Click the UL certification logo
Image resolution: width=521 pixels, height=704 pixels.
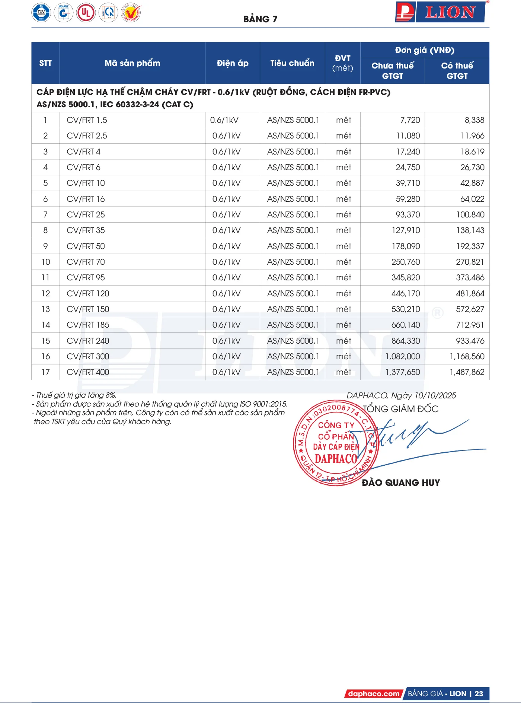(x=86, y=13)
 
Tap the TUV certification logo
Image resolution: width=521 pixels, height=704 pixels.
(x=41, y=13)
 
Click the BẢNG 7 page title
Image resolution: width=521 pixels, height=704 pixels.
(x=260, y=19)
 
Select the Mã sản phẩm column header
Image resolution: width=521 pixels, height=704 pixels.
(x=132, y=63)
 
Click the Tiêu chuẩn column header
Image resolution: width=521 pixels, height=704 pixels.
(x=292, y=63)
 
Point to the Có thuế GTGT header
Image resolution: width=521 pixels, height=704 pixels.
(x=457, y=71)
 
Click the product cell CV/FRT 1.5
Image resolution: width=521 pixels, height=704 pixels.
(x=87, y=120)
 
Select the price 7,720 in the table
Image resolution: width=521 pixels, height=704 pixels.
(x=410, y=120)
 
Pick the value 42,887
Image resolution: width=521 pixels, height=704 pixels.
(x=472, y=183)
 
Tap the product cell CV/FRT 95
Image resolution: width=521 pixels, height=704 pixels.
(x=86, y=278)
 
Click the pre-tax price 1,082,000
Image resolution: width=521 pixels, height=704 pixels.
(x=402, y=357)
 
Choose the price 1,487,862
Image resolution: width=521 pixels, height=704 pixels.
(x=467, y=372)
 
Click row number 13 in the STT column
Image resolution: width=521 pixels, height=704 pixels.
(x=45, y=309)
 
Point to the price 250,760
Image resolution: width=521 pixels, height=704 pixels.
(x=405, y=262)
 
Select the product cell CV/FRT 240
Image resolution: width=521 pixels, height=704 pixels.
(x=88, y=341)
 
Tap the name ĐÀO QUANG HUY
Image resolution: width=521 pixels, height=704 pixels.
(x=401, y=483)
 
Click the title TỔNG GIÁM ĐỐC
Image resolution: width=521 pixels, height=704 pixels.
(x=400, y=409)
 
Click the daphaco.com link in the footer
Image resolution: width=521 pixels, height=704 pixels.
(x=373, y=694)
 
